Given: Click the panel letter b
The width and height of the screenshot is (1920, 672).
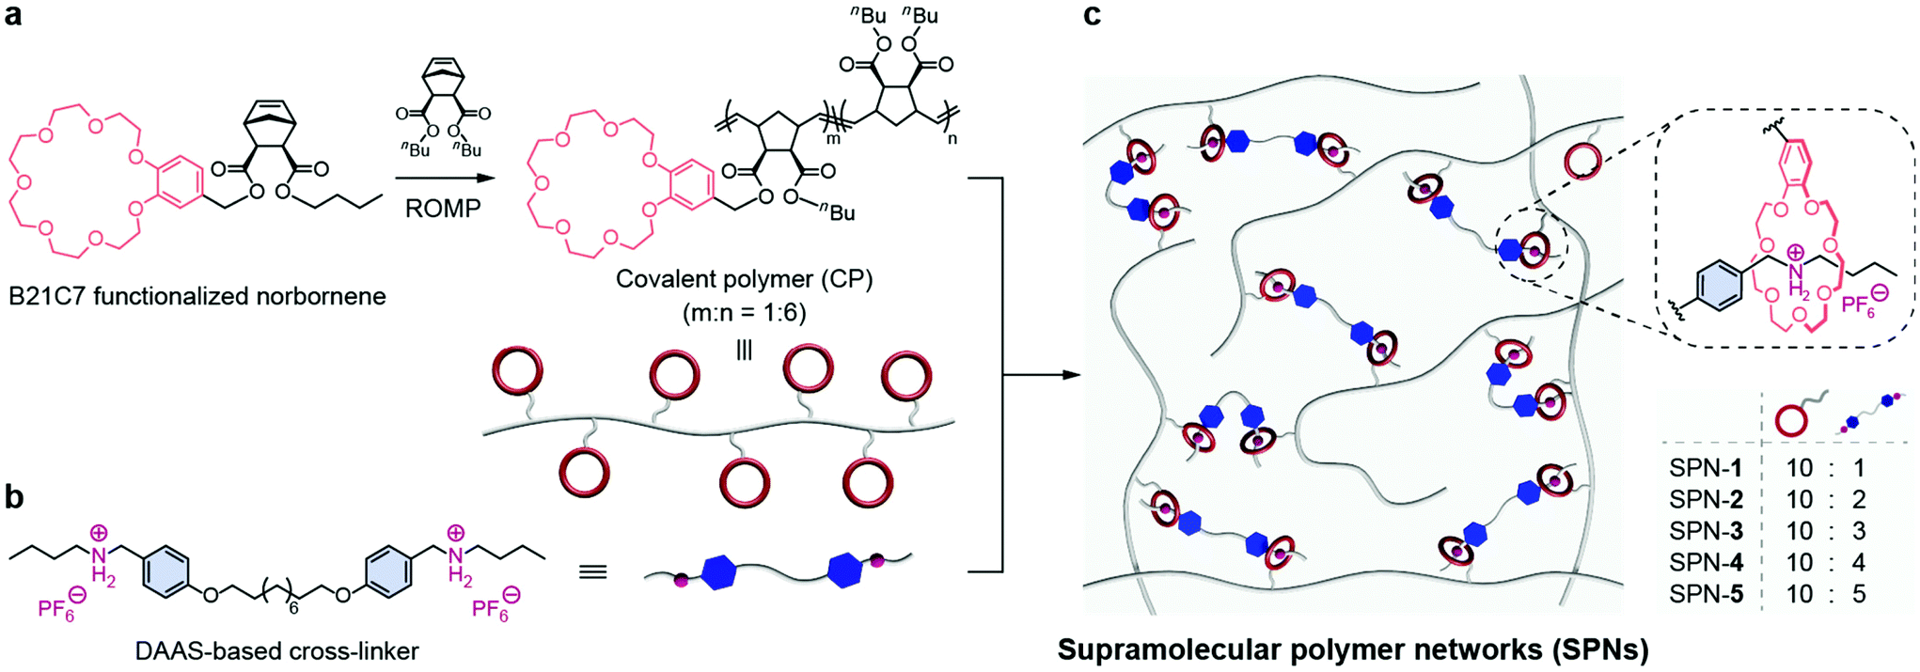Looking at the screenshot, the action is [x=14, y=496].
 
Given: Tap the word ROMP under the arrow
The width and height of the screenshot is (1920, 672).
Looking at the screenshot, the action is [x=443, y=208].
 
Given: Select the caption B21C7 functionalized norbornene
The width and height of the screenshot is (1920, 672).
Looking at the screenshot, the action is [x=197, y=297].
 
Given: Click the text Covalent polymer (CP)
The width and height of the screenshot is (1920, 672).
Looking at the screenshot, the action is [x=745, y=280].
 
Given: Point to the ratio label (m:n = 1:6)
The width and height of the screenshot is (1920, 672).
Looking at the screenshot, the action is [x=745, y=312].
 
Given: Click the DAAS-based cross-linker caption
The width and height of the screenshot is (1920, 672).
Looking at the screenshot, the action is [x=276, y=650].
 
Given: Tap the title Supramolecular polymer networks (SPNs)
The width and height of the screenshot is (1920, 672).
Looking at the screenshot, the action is [x=1353, y=649].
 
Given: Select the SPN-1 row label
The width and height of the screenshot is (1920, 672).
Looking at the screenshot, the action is [x=1706, y=468].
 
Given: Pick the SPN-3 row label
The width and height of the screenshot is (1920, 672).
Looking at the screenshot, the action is [x=1706, y=531].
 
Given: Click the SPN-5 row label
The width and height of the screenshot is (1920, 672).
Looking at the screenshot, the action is [x=1706, y=594].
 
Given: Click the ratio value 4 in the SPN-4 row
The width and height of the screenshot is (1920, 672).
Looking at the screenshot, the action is [x=1859, y=563].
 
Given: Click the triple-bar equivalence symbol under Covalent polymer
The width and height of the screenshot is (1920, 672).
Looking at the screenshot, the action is [x=745, y=351].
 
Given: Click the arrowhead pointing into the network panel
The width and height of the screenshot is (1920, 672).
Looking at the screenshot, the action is [x=1070, y=375].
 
